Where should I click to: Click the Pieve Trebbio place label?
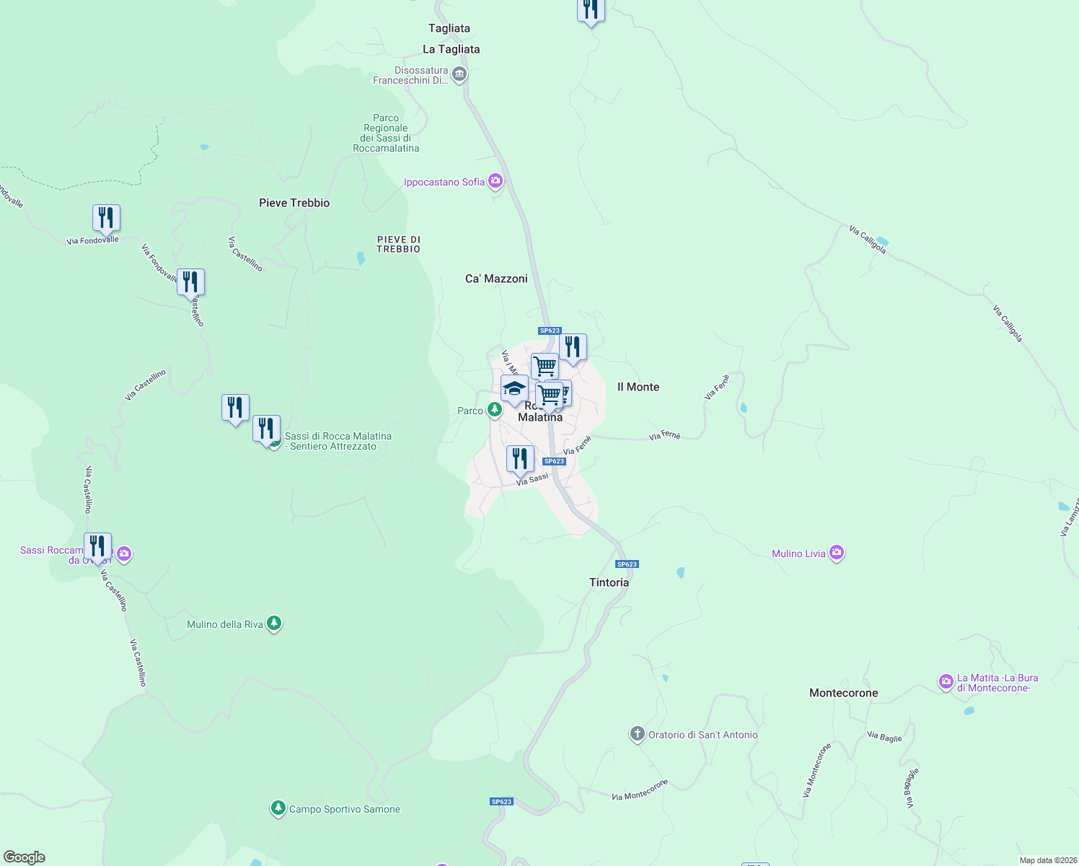294,203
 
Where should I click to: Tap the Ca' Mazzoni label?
496,279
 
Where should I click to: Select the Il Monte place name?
638,387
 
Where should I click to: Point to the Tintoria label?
609,582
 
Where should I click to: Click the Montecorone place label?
843,693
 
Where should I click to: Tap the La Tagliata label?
451,49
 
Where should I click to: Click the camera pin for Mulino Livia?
837,553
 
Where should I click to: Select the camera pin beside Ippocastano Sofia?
496,180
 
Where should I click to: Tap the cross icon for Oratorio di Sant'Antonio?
637,734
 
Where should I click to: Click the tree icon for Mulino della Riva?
274,623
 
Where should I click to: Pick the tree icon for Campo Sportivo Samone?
278,808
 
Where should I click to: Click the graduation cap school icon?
514,388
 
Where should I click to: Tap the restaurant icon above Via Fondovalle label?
106,217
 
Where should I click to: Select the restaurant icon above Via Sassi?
520,458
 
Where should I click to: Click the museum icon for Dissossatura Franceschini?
459,74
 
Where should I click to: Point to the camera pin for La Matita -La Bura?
946,681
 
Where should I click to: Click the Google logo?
25,857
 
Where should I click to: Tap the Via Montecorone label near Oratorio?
640,790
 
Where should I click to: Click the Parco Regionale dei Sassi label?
386,133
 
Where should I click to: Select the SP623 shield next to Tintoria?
627,564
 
